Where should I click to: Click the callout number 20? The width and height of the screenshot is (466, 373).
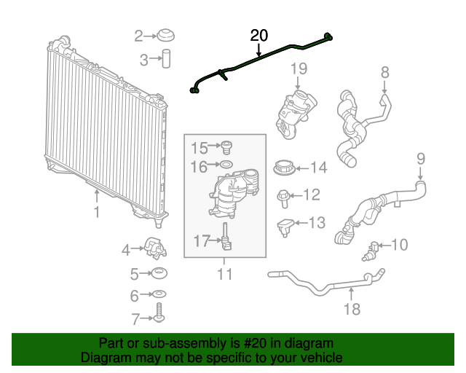click(x=259, y=35)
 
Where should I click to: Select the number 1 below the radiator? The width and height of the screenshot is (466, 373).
click(x=95, y=212)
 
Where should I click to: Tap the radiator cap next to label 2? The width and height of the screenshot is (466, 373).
click(x=167, y=35)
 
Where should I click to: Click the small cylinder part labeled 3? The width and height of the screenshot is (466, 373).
click(x=167, y=58)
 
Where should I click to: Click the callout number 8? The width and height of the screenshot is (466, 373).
click(x=385, y=71)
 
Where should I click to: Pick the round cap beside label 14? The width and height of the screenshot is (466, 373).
click(x=285, y=168)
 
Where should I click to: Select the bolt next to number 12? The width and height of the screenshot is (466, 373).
click(x=283, y=195)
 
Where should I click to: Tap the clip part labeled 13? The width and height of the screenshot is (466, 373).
click(x=285, y=225)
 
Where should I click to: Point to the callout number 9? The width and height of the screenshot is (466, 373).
click(x=420, y=158)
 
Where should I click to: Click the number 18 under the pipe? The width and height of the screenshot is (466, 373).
click(x=352, y=309)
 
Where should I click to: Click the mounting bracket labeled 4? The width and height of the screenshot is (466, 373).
click(x=156, y=248)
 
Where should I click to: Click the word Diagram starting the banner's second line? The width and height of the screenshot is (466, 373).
click(x=105, y=358)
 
